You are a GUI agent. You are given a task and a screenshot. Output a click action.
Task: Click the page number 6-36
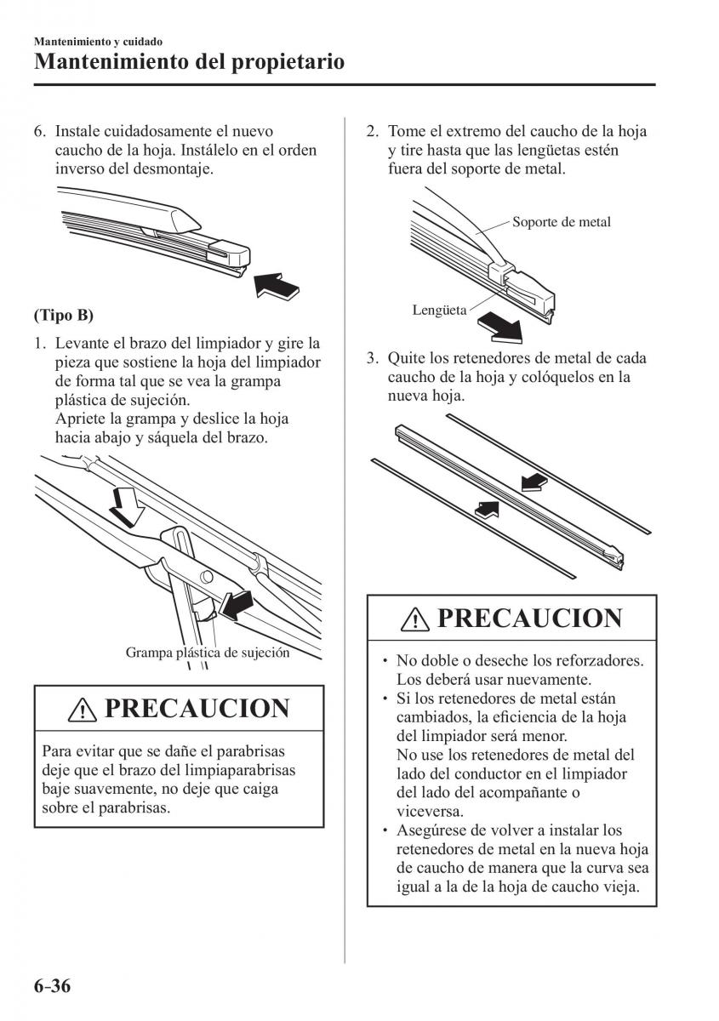[52, 986]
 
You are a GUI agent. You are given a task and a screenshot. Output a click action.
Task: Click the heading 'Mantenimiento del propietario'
[189, 61]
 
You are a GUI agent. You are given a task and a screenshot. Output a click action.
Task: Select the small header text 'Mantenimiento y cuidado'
[98, 41]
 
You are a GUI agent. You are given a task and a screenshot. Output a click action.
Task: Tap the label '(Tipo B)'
[64, 315]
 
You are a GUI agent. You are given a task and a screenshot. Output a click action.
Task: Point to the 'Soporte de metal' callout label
[561, 222]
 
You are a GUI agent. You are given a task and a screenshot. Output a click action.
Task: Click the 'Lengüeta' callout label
[439, 311]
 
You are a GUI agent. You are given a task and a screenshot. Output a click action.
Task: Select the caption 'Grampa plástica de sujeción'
[208, 653]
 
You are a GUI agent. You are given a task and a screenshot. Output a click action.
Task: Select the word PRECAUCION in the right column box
[528, 618]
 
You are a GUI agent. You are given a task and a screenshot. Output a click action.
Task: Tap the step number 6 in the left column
[38, 132]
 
